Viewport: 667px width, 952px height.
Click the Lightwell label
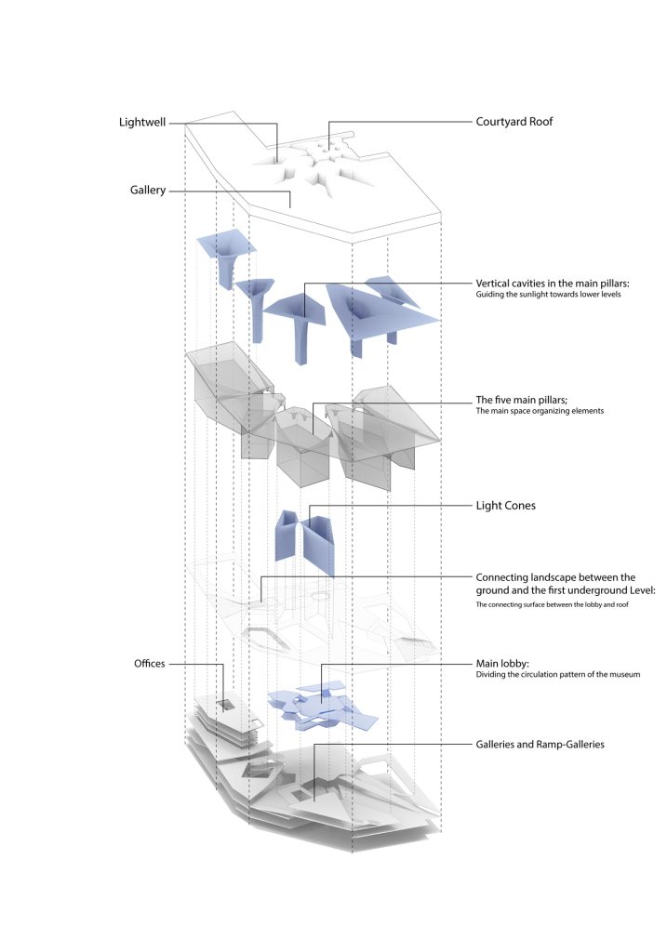pyautogui.click(x=142, y=122)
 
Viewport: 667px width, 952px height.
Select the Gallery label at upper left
pyautogui.click(x=148, y=191)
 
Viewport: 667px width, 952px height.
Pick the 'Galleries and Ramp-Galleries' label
pyautogui.click(x=540, y=745)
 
